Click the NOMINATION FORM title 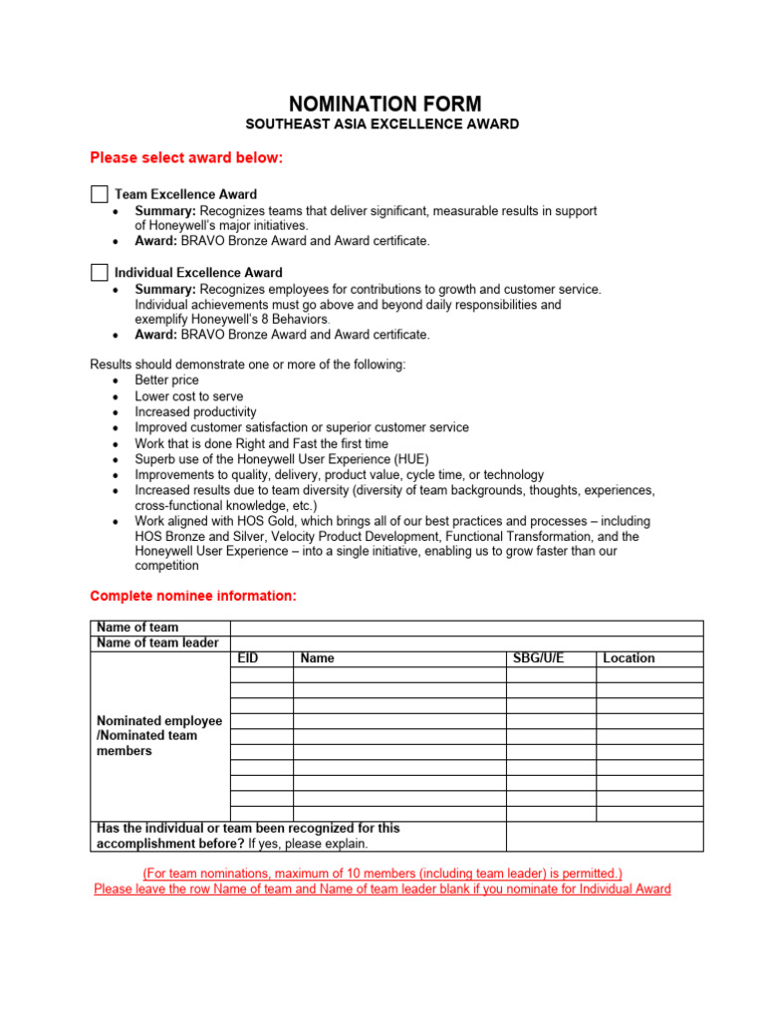coord(384,104)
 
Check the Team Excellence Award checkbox coord(100,194)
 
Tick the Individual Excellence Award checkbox coord(100,272)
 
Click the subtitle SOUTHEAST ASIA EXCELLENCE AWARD coord(383,125)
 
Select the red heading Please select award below coord(186,157)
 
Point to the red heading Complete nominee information coord(192,596)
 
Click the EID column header coord(248,658)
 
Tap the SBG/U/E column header coord(538,658)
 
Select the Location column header coord(629,658)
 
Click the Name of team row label coord(137,628)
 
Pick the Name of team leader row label coord(157,643)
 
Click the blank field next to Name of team coord(466,628)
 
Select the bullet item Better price coord(166,381)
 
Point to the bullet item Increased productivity coord(195,412)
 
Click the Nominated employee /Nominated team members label coord(159,735)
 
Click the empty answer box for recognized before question coord(604,836)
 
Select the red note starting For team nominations coord(382,873)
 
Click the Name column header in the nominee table coord(318,658)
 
